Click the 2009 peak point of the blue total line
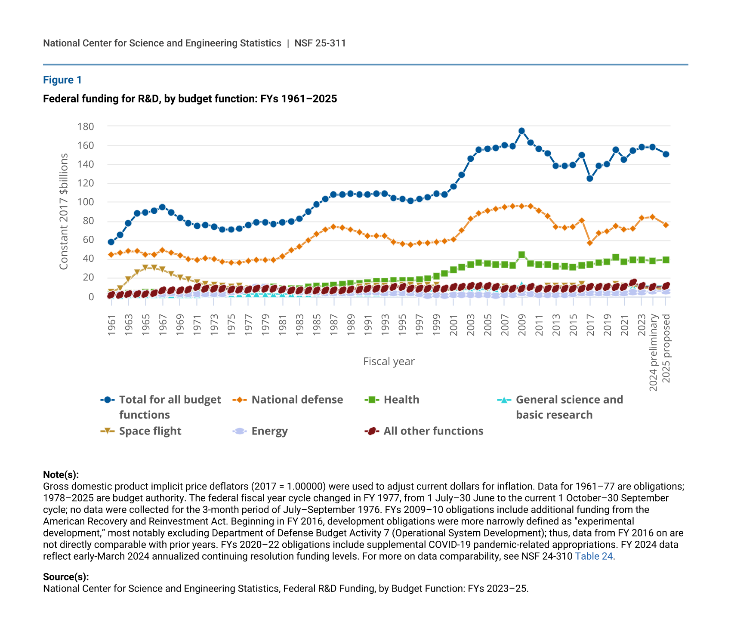[x=521, y=131]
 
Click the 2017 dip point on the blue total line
[x=590, y=178]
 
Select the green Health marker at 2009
[x=521, y=255]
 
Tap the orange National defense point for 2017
[x=590, y=243]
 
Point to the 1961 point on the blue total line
[x=111, y=242]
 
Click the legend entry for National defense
[x=297, y=400]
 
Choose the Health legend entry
[x=401, y=400]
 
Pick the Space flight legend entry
[x=150, y=431]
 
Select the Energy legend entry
[x=269, y=431]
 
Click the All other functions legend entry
[x=433, y=431]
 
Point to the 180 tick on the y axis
[x=86, y=126]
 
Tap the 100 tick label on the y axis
[x=86, y=202]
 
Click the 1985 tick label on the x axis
[x=317, y=325]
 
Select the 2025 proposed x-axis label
[x=666, y=348]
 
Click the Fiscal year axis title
[x=389, y=361]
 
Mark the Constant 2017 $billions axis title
[x=64, y=212]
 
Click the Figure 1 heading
[x=62, y=80]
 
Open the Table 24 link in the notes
[x=594, y=556]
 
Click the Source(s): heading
[x=66, y=577]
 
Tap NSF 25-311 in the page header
[x=320, y=43]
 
